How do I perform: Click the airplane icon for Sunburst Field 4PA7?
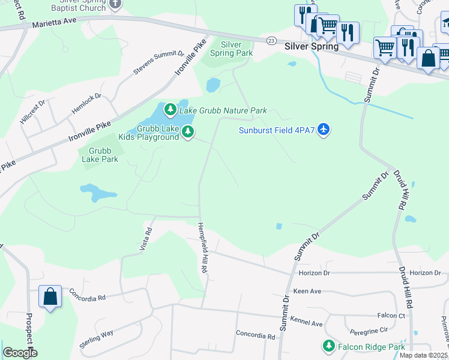pos(324,129)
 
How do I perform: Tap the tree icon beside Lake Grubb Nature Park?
pos(171,110)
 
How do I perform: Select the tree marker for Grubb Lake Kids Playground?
pos(188,131)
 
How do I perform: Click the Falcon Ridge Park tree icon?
pos(328,346)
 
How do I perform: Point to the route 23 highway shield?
pos(272,40)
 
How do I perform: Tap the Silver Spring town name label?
pos(312,46)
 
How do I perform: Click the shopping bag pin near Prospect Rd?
pos(50,296)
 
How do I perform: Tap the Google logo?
pos(20,353)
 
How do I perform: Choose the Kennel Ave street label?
pos(306,322)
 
